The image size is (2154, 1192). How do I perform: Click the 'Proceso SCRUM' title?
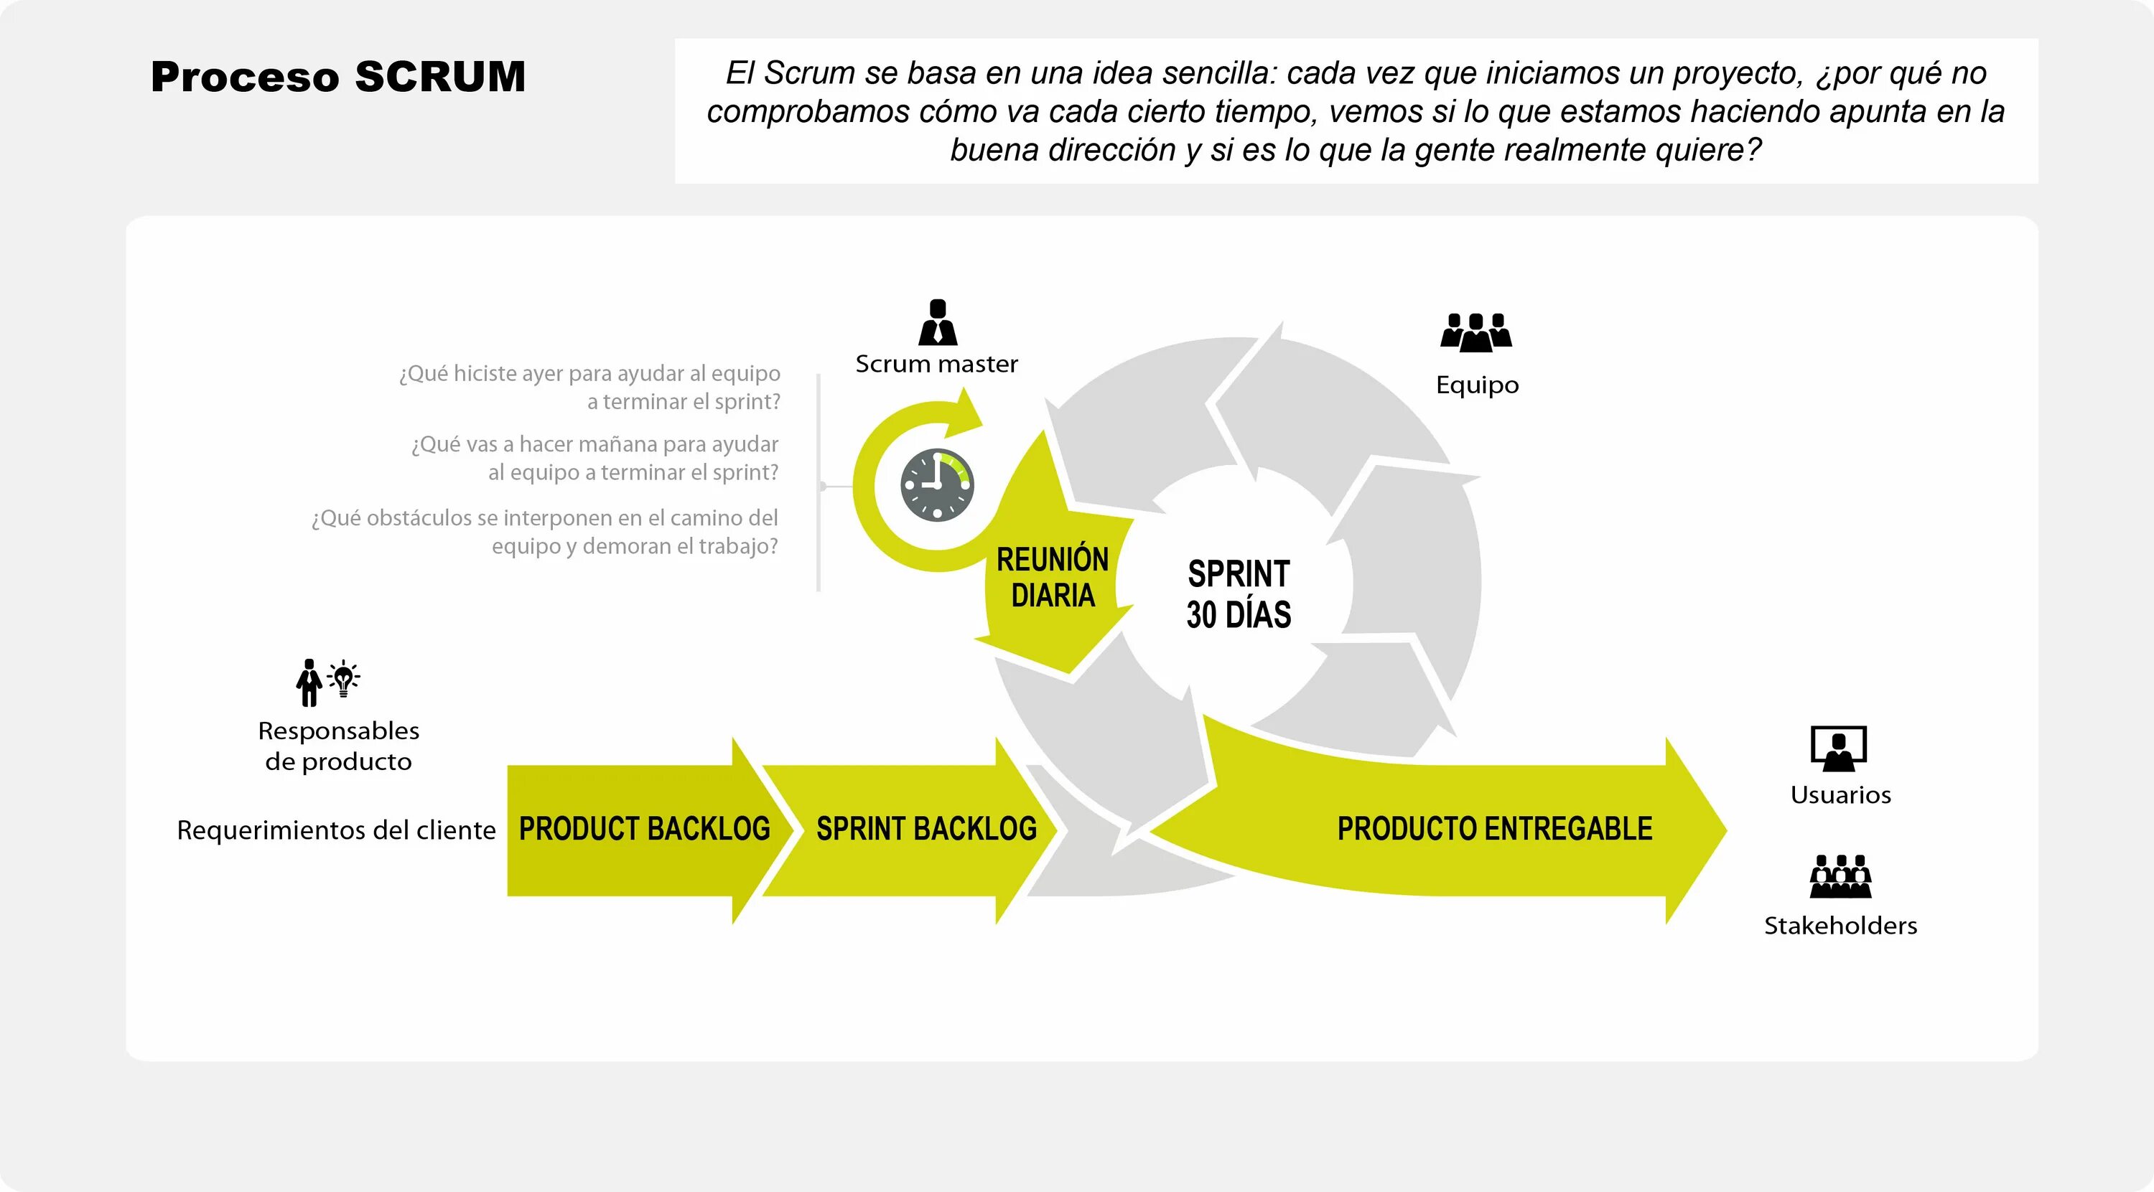click(x=337, y=77)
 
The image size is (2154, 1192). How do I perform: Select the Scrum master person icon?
click(x=938, y=323)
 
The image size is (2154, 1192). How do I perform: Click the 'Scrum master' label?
click(x=936, y=365)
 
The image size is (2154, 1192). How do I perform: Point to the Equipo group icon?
click(x=1476, y=332)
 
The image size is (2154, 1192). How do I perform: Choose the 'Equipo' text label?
click(x=1477, y=385)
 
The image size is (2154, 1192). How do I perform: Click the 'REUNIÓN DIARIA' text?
click(x=1052, y=577)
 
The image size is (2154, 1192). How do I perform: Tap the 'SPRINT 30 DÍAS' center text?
click(x=1239, y=593)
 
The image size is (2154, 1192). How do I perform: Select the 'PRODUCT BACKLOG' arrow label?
click(x=644, y=828)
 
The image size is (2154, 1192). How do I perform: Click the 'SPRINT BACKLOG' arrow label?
click(x=926, y=828)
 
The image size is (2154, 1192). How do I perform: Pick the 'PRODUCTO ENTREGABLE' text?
click(x=1494, y=828)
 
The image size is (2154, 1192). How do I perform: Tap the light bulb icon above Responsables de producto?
click(x=342, y=679)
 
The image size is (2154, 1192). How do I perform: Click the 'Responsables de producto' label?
click(x=339, y=746)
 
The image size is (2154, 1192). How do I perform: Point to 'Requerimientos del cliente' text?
click(x=336, y=830)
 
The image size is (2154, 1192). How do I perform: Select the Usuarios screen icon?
click(x=1839, y=748)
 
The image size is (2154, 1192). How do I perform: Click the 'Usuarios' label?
click(x=1840, y=795)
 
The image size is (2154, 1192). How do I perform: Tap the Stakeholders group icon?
click(x=1840, y=876)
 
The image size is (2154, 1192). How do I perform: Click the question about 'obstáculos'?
click(x=545, y=532)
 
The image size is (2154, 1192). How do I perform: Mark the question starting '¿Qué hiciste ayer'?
click(x=589, y=387)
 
